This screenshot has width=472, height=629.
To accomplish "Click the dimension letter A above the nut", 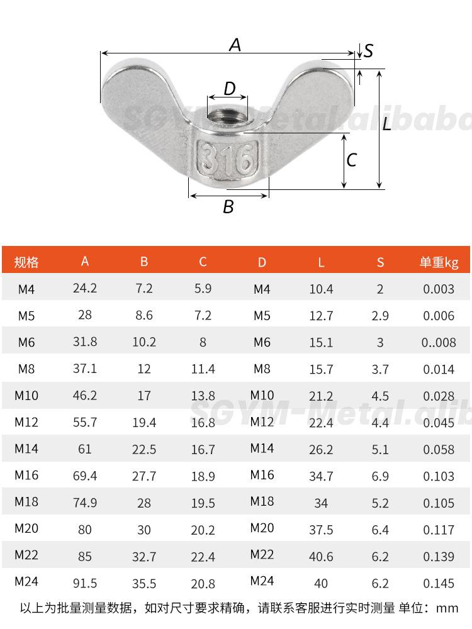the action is (x=235, y=45).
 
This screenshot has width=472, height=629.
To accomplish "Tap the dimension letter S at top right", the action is (x=369, y=50).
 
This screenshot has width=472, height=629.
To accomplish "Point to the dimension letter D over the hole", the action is (x=230, y=88).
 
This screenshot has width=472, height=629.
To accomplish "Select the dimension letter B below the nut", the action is (x=228, y=206).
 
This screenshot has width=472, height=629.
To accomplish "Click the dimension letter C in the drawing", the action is (x=352, y=160).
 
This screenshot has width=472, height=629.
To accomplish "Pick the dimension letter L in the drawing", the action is (x=387, y=124).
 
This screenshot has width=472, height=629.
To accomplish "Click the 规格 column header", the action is (x=26, y=262).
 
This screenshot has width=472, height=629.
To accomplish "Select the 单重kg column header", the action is (x=439, y=262).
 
